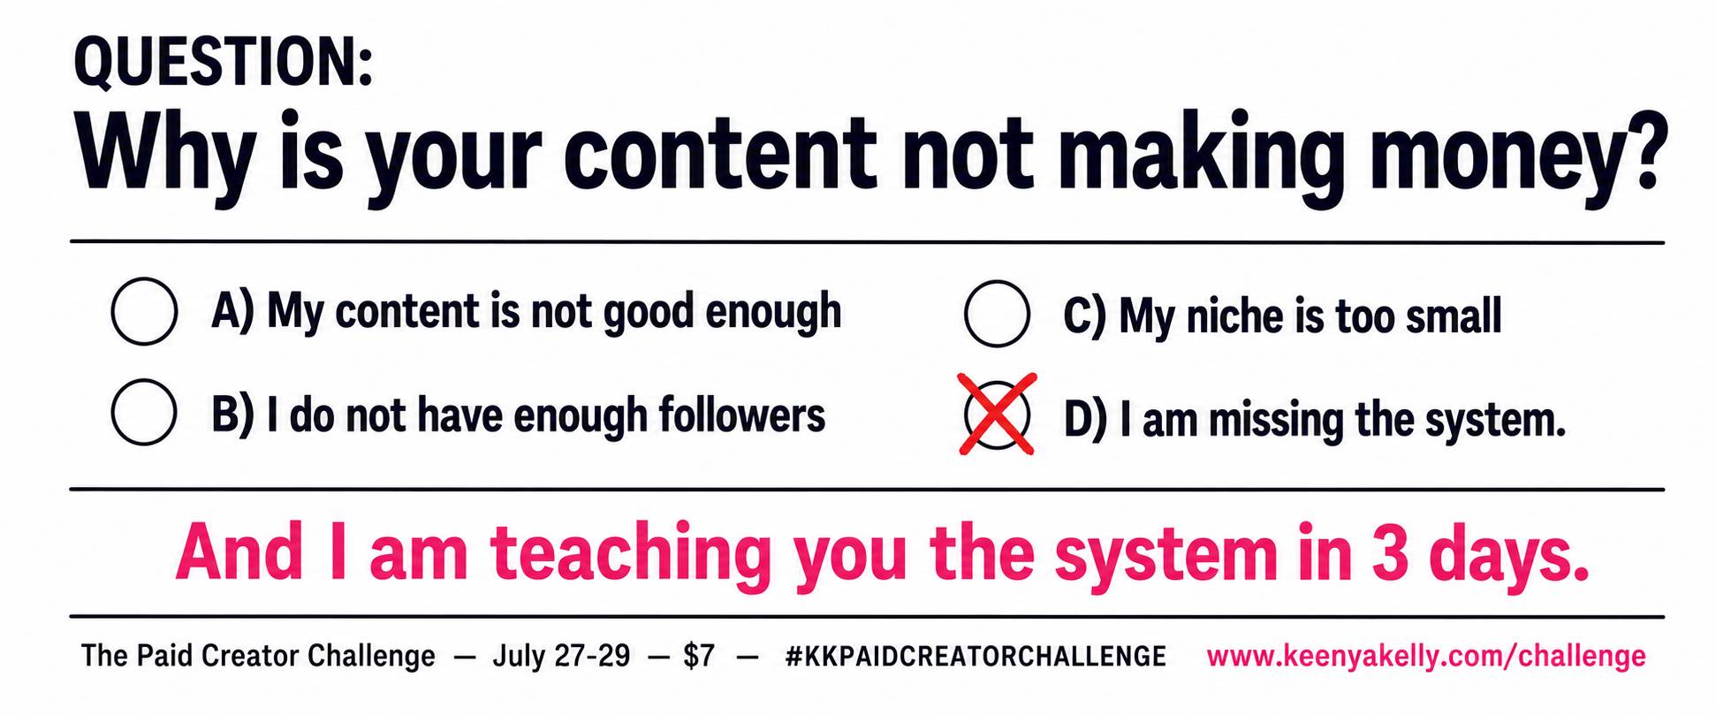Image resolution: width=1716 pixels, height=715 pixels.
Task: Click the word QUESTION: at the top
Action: point(224,63)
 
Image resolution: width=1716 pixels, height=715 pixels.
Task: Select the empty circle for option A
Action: point(144,311)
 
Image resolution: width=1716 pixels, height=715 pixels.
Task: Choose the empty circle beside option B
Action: point(144,412)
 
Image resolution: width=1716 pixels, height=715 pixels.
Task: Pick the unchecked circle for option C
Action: point(997,313)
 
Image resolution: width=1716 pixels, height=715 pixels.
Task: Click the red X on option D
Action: point(998,414)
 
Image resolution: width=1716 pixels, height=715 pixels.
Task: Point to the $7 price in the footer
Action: point(699,656)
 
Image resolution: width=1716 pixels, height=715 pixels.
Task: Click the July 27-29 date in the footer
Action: point(561,656)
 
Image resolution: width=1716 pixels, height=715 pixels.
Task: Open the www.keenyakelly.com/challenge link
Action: point(1426,656)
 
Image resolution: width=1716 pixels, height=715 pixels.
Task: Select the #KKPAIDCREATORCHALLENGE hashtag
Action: point(976,656)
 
